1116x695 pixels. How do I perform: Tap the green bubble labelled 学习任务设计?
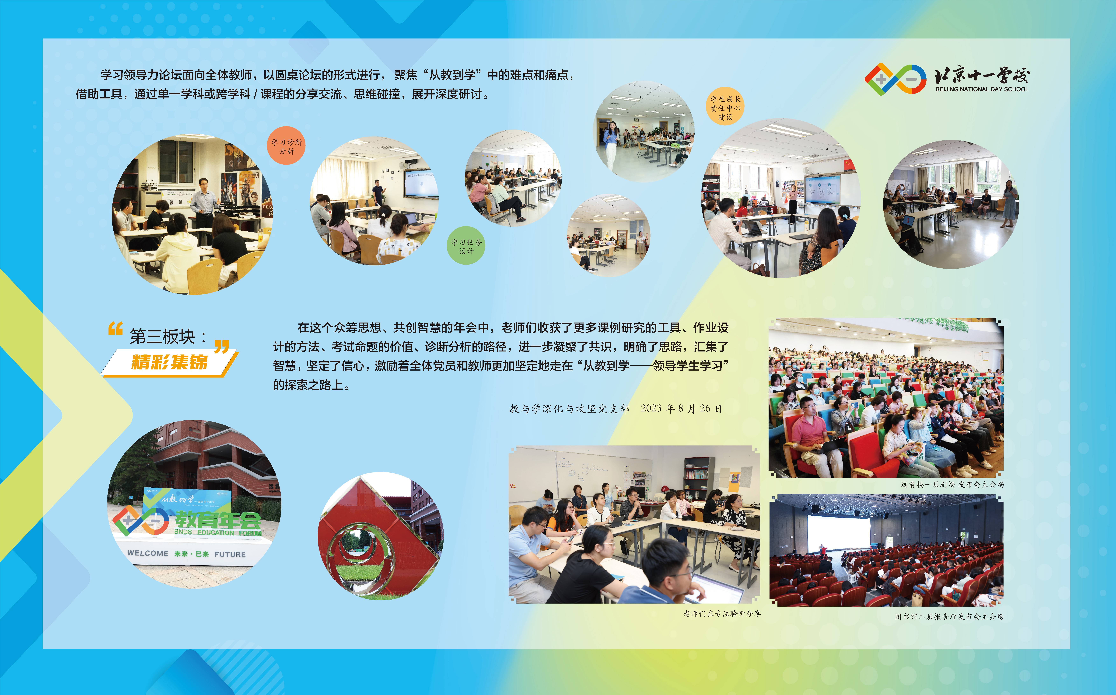point(466,245)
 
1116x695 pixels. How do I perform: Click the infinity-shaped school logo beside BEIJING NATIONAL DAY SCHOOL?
point(895,79)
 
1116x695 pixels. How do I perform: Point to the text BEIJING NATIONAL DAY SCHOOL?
point(982,89)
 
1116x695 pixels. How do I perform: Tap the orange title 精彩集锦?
point(170,362)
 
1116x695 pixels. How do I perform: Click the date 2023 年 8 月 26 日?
point(681,408)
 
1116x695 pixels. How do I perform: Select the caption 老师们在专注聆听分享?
point(722,613)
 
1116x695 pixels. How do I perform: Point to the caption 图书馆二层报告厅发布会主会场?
point(949,616)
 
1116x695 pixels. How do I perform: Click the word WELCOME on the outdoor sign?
point(148,553)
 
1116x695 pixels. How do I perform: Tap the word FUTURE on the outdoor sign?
point(230,554)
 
